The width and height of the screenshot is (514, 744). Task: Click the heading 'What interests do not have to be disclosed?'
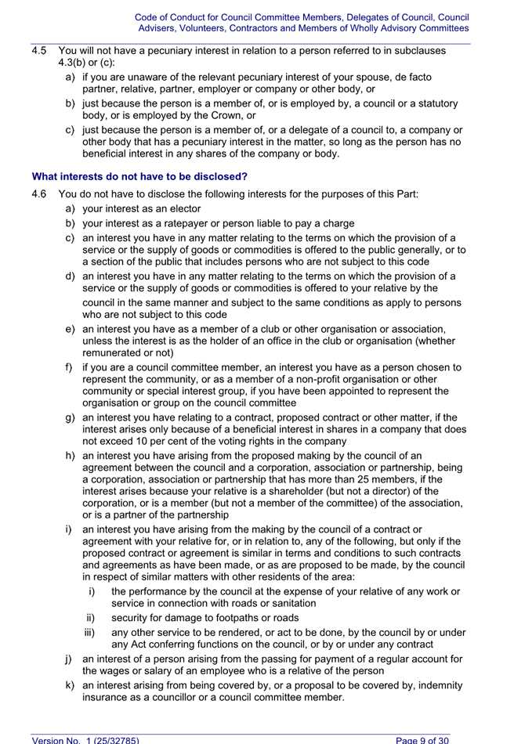139,177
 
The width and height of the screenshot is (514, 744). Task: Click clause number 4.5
40,51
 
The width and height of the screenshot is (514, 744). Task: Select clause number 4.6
40,195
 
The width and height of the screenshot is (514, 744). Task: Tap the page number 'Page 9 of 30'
422,739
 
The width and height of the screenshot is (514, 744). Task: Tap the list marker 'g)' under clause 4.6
71,417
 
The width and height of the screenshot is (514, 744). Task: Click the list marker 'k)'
71,686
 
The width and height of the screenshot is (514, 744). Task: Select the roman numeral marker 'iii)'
92,633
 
